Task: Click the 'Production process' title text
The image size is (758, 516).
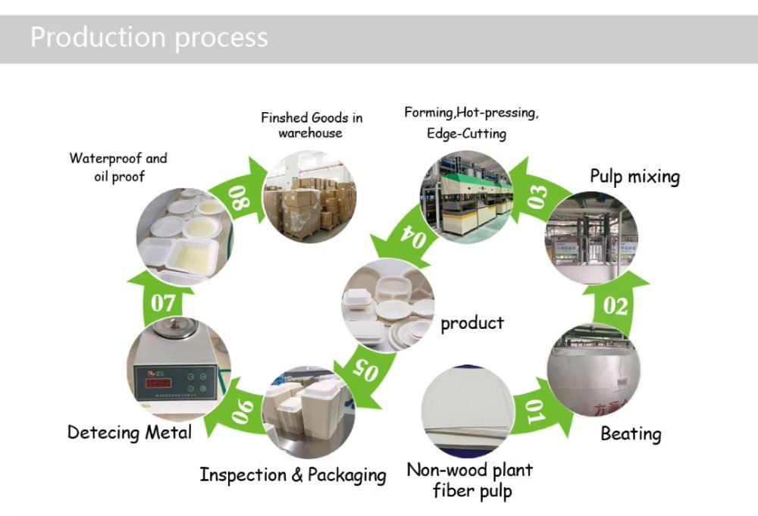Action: tap(149, 37)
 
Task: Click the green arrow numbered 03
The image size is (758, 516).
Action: tap(537, 195)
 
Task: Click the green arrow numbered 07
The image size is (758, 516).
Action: tap(163, 303)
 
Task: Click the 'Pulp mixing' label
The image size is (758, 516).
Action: tap(634, 177)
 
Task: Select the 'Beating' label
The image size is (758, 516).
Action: tap(631, 434)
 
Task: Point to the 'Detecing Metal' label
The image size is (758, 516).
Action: tap(130, 433)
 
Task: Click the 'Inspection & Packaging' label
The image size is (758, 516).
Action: tap(293, 475)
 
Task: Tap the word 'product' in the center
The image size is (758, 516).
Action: tap(472, 324)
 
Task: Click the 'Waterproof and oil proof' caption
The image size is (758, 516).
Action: tap(117, 167)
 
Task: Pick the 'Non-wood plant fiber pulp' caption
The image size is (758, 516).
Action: tap(470, 480)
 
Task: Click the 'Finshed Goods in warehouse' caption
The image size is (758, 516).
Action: tap(312, 125)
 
